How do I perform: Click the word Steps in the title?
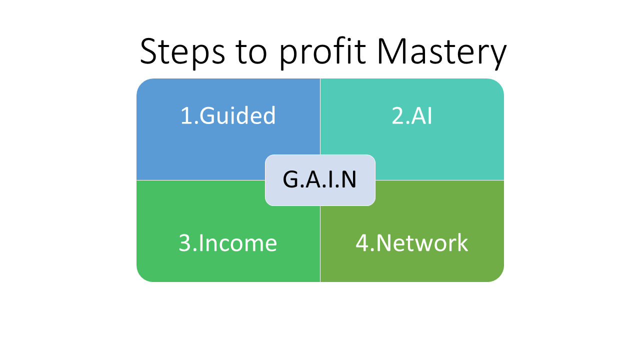182,53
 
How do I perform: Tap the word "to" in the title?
251,53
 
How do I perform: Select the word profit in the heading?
322,53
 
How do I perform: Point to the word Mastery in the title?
441,53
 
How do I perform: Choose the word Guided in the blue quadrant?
237,115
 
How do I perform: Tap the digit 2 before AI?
397,115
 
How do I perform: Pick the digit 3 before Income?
184,243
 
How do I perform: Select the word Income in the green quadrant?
237,243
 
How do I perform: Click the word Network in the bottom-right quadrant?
422,242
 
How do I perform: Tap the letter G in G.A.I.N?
291,179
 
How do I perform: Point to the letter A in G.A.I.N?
313,179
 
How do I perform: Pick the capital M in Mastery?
392,51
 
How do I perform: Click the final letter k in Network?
461,242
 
